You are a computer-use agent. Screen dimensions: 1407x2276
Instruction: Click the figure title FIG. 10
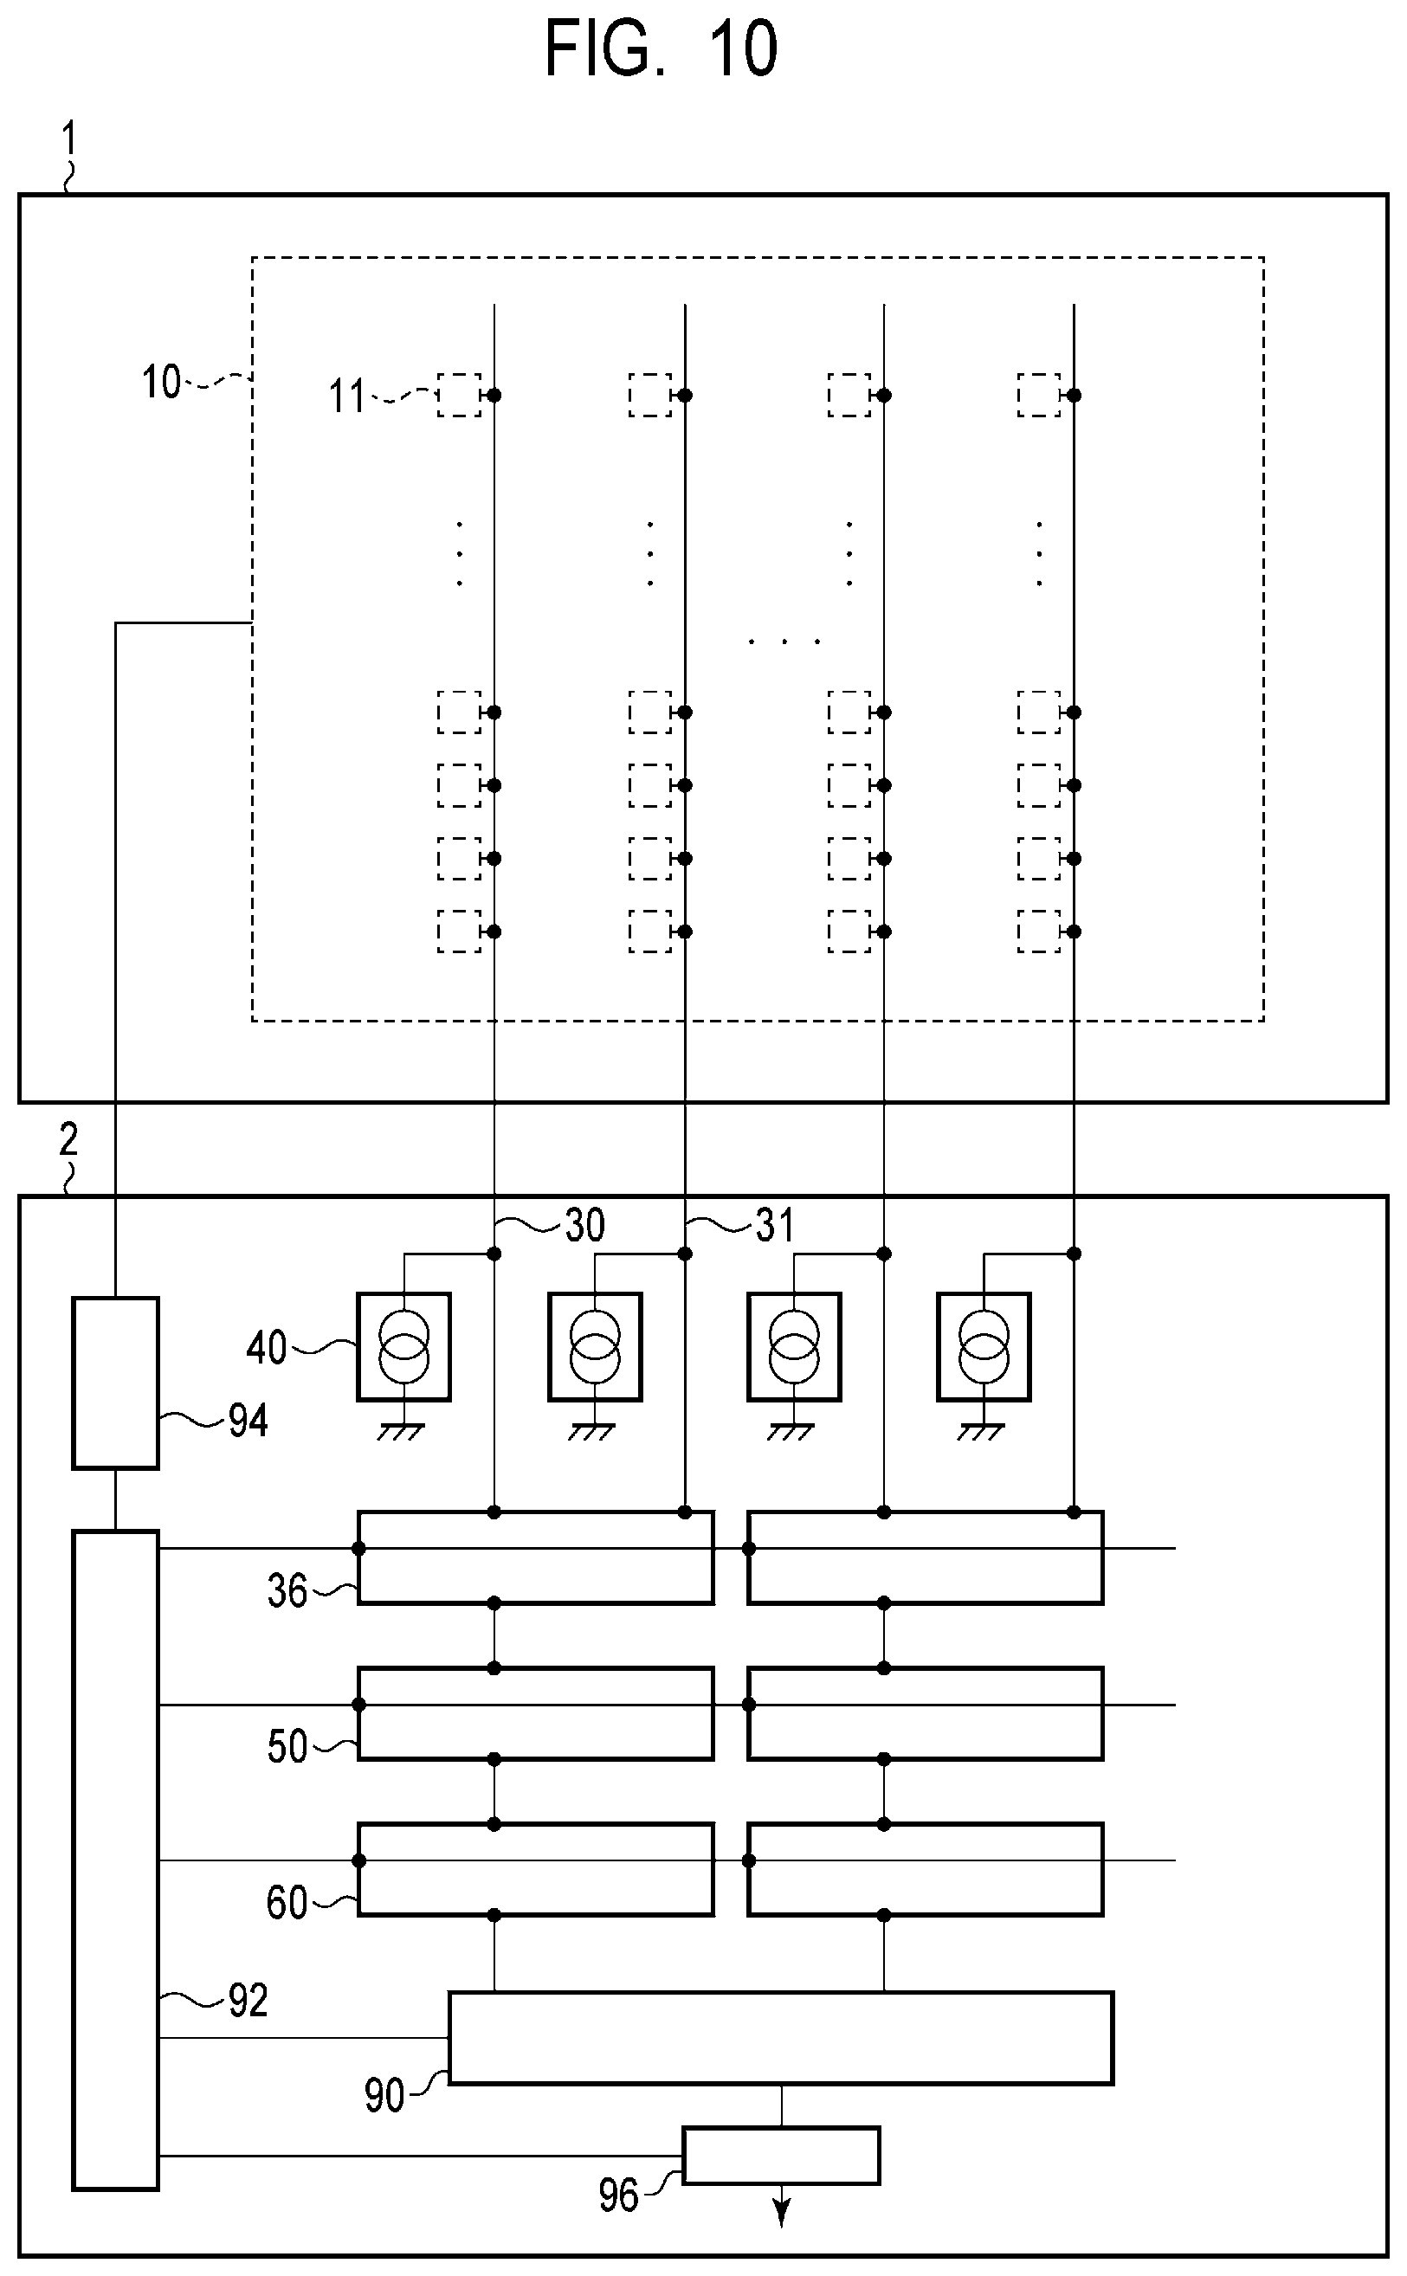pyautogui.click(x=661, y=48)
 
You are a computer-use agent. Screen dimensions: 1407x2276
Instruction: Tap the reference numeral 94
pyautogui.click(x=248, y=1421)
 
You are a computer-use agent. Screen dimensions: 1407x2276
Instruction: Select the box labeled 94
pyautogui.click(x=115, y=1383)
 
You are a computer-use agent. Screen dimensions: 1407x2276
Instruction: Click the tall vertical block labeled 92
pyautogui.click(x=115, y=1860)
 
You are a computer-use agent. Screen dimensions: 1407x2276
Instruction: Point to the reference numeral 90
pyautogui.click(x=384, y=2095)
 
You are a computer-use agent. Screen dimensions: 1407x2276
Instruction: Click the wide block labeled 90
pyautogui.click(x=781, y=2038)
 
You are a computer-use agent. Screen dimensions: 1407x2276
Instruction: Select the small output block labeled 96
pyautogui.click(x=781, y=2155)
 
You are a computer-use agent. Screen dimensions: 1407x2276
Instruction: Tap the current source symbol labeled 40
pyautogui.click(x=403, y=1346)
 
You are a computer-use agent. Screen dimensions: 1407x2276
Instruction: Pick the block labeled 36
pyautogui.click(x=536, y=1557)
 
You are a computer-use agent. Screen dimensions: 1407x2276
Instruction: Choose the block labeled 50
pyautogui.click(x=536, y=1713)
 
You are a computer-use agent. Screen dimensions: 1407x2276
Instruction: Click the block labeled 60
pyautogui.click(x=536, y=1869)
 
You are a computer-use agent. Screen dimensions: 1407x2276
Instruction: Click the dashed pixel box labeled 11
pyautogui.click(x=460, y=396)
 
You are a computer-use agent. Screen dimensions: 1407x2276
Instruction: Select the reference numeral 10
pyautogui.click(x=161, y=382)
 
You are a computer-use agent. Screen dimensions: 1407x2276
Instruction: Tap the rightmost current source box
pyautogui.click(x=984, y=1346)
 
